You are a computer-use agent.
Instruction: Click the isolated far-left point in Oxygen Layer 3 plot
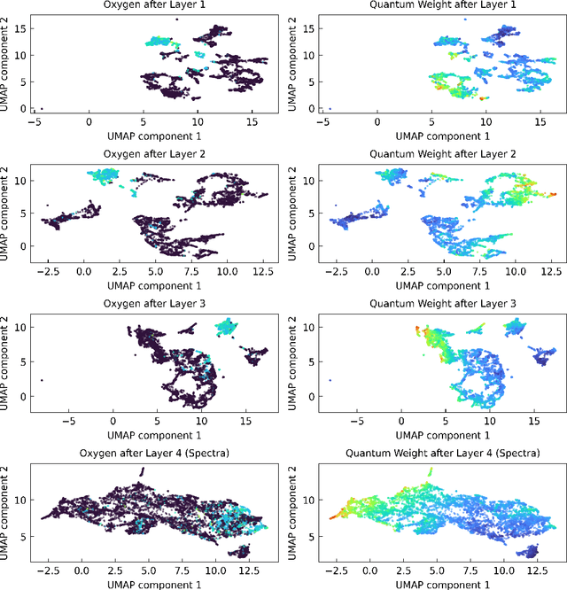pyautogui.click(x=41, y=380)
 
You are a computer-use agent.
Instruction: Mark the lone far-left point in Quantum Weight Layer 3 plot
pyautogui.click(x=329, y=380)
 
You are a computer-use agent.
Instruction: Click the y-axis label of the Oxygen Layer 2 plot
pyautogui.click(x=8, y=211)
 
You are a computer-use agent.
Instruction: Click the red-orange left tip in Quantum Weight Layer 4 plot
pyautogui.click(x=331, y=515)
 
